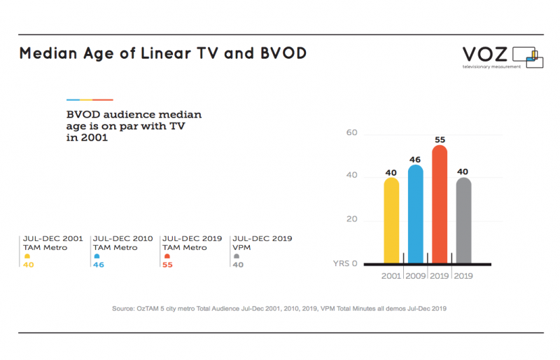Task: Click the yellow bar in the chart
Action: click(x=391, y=220)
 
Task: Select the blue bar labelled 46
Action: click(x=415, y=214)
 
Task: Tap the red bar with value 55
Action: click(x=440, y=204)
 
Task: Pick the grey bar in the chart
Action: click(x=463, y=220)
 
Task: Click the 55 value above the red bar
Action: click(x=440, y=140)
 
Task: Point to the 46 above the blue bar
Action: click(x=415, y=160)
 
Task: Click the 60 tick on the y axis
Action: click(x=352, y=132)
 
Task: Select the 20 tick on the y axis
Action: click(x=352, y=219)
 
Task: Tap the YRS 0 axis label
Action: click(x=345, y=263)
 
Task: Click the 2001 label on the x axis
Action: click(x=391, y=276)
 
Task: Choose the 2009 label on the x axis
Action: click(x=416, y=276)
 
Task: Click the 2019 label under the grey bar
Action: click(x=463, y=276)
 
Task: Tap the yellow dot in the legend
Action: click(x=27, y=256)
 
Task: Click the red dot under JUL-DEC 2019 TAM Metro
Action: click(x=167, y=256)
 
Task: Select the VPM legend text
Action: click(x=241, y=247)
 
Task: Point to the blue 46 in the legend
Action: click(x=99, y=265)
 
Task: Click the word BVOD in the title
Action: click(x=283, y=53)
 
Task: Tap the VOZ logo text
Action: click(x=485, y=55)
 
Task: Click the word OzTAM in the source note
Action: click(x=148, y=308)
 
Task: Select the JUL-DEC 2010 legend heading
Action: click(x=123, y=238)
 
